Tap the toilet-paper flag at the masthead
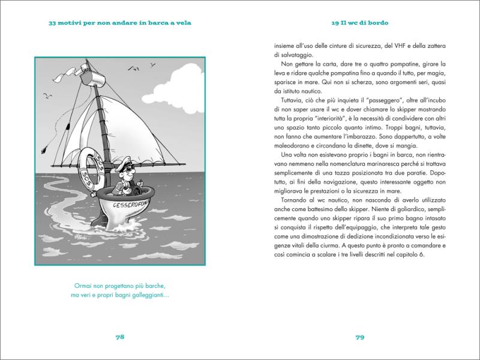click(70, 74)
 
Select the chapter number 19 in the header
click(335, 24)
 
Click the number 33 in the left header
click(53, 24)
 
